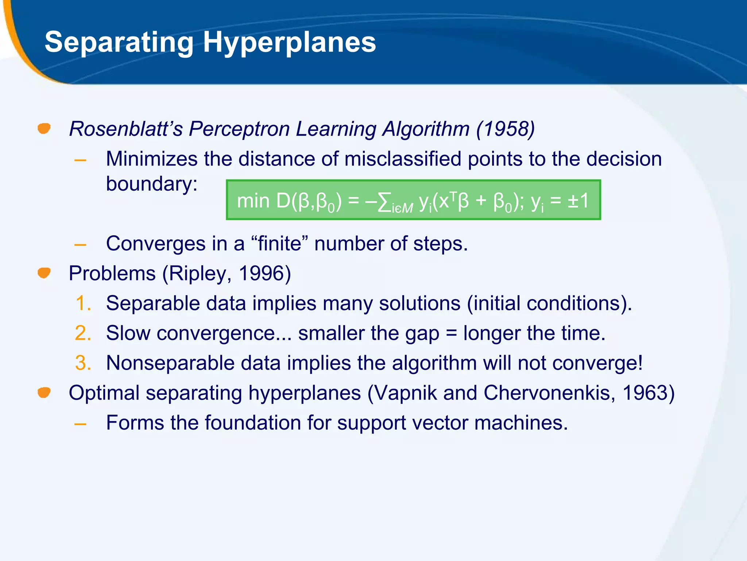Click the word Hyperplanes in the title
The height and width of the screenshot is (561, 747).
pos(289,42)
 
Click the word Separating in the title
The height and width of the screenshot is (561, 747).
pos(119,42)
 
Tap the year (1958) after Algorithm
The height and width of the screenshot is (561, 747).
pos(505,129)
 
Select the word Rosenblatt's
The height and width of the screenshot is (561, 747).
pos(126,129)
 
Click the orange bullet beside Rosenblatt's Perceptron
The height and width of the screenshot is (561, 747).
pos(44,129)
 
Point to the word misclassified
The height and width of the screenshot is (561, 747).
pos(403,159)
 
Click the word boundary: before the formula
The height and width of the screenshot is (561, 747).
pos(151,184)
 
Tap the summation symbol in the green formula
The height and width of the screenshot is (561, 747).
pos(384,202)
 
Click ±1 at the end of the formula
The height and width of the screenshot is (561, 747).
pos(578,201)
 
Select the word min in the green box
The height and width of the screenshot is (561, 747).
pos(253,201)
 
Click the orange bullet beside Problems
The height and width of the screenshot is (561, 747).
pos(44,273)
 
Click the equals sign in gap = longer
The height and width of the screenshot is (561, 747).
pos(451,333)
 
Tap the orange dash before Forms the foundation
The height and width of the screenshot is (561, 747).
pos(80,424)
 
